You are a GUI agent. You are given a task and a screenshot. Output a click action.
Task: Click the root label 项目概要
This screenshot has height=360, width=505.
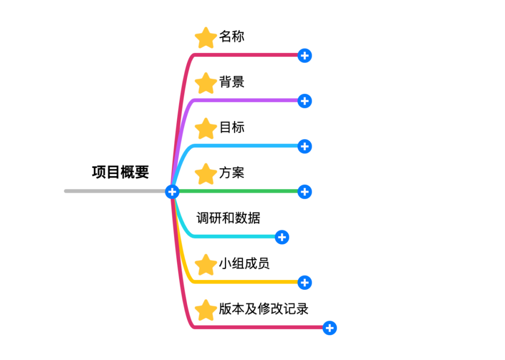[x=120, y=172]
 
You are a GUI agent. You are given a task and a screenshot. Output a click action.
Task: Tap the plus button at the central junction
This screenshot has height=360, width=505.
[x=172, y=191]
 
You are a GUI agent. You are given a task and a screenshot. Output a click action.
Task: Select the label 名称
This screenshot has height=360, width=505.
[x=231, y=36]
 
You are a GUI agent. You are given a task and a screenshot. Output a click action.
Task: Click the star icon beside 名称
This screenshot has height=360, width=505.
[x=205, y=38]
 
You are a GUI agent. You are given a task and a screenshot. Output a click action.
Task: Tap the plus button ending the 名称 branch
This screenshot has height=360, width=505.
[x=304, y=56]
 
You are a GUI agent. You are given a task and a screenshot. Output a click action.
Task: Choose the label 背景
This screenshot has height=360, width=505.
[x=231, y=82]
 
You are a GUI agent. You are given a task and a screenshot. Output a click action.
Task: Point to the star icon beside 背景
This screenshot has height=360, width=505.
[x=205, y=83]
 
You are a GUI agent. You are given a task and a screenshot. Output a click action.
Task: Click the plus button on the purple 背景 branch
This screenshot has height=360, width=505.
[x=304, y=101]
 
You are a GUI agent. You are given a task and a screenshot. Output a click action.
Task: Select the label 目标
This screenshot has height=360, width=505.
[x=231, y=127]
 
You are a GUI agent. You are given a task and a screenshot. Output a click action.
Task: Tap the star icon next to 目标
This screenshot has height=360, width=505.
[x=205, y=129]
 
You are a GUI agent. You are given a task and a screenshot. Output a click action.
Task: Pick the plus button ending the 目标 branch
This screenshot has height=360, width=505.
[x=304, y=146]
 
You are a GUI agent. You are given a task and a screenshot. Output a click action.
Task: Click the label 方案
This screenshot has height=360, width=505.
[x=231, y=173]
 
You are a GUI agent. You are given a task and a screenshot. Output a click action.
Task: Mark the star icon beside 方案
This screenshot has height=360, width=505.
[x=205, y=174]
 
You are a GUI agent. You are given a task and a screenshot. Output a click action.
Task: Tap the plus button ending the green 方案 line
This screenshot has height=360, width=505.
[x=304, y=191]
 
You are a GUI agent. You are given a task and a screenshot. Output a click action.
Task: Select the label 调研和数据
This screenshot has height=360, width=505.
[x=228, y=218]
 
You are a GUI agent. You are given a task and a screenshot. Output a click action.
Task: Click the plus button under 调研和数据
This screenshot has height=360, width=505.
[x=281, y=237]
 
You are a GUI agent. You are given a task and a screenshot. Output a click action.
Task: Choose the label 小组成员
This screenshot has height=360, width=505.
[x=244, y=263]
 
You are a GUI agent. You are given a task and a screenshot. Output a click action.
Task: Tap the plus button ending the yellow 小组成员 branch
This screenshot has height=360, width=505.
[x=304, y=282]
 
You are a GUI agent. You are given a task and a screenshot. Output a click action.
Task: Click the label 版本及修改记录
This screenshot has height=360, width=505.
[x=263, y=309]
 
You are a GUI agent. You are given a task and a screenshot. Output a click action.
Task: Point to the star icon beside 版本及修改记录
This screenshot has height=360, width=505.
[x=205, y=310]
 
